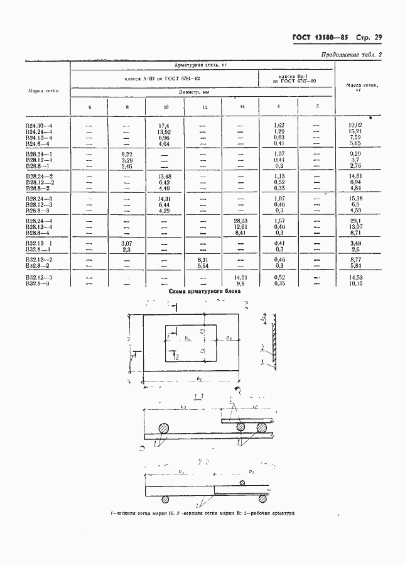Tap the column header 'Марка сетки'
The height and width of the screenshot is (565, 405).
tap(43, 91)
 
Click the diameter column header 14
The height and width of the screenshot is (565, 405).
tap(242, 107)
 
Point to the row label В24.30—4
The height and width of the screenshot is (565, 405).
tap(39, 126)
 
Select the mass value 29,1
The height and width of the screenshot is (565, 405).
tap(355, 221)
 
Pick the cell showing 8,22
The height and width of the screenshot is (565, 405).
tap(127, 154)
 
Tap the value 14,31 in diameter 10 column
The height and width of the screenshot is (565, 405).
tap(166, 199)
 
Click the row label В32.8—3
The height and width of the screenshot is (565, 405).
tap(38, 283)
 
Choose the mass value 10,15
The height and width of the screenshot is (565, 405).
tap(355, 283)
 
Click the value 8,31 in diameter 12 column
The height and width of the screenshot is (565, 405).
tap(203, 260)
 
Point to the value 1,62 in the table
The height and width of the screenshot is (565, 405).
tap(280, 126)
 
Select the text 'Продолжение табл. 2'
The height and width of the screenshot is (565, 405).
tap(351, 55)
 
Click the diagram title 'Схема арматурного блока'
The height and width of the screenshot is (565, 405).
tap(205, 292)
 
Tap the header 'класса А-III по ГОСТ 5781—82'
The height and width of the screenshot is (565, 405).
tap(163, 79)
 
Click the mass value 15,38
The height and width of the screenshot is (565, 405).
tap(355, 199)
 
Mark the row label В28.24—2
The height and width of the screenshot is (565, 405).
tap(39, 177)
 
